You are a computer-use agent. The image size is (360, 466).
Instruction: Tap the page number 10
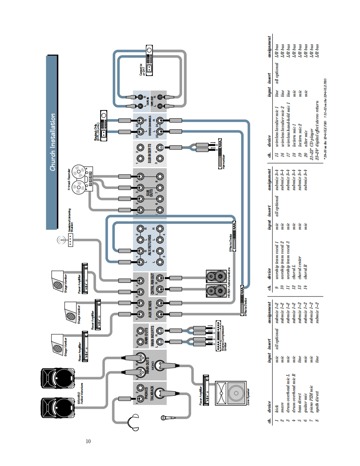click(x=88, y=441)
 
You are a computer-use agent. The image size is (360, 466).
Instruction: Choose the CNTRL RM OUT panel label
click(x=153, y=284)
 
